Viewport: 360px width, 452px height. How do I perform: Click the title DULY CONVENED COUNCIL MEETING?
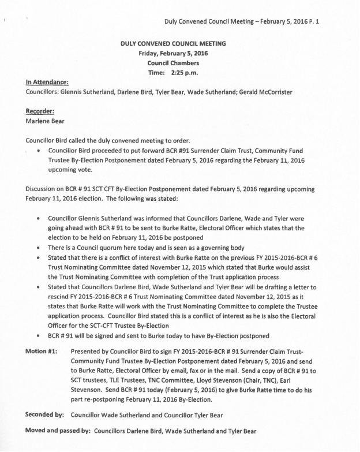click(x=173, y=43)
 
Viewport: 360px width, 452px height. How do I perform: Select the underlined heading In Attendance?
click(x=47, y=82)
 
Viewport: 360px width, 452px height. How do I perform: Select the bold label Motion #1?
click(x=42, y=352)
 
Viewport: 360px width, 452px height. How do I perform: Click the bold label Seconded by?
click(x=45, y=414)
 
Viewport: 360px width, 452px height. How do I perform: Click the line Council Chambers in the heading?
click(x=173, y=63)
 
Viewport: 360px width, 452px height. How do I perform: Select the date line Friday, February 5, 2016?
click(x=173, y=53)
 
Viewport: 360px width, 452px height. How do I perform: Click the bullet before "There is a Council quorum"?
click(x=38, y=247)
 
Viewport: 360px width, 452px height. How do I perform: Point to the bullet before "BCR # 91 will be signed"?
click(x=38, y=335)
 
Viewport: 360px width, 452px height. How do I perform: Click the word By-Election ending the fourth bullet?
click(x=151, y=325)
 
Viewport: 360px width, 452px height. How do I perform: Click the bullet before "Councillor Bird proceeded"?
click(x=38, y=150)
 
